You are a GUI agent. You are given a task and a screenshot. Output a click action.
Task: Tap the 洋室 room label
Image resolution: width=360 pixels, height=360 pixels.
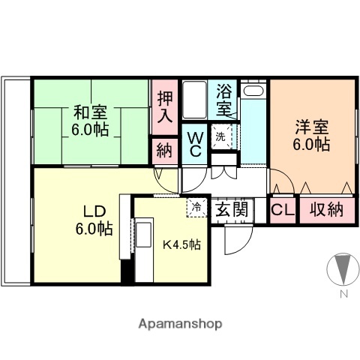[x=311, y=126]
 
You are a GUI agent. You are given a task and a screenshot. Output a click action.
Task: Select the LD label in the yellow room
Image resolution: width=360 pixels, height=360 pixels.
[x=93, y=210]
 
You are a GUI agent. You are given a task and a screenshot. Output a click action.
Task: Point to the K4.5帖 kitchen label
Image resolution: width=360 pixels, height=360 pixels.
[x=182, y=244]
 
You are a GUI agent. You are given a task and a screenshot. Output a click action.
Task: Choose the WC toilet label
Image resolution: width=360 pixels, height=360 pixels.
[x=193, y=143]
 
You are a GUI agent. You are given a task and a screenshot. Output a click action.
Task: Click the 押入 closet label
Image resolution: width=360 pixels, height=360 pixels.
[x=165, y=106]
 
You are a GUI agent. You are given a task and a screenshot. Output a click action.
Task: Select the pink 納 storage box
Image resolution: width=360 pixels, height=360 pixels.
[x=165, y=150]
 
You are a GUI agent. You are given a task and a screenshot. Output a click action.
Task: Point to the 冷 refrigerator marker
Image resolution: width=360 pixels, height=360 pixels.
[x=196, y=205]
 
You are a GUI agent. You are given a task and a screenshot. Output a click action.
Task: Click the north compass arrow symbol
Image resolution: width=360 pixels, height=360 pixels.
[x=342, y=269]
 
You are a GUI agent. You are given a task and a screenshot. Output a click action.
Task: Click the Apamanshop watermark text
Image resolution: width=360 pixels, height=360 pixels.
[x=180, y=324]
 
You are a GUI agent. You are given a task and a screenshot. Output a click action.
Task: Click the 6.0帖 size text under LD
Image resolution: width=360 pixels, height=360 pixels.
[x=94, y=229]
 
